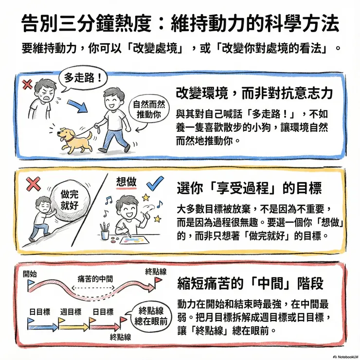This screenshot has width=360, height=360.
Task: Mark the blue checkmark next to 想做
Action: (154, 183)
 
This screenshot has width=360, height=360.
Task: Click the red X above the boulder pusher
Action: (33, 184)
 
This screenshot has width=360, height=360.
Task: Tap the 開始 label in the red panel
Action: (30, 273)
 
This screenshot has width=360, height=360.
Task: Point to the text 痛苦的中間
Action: (95, 279)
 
